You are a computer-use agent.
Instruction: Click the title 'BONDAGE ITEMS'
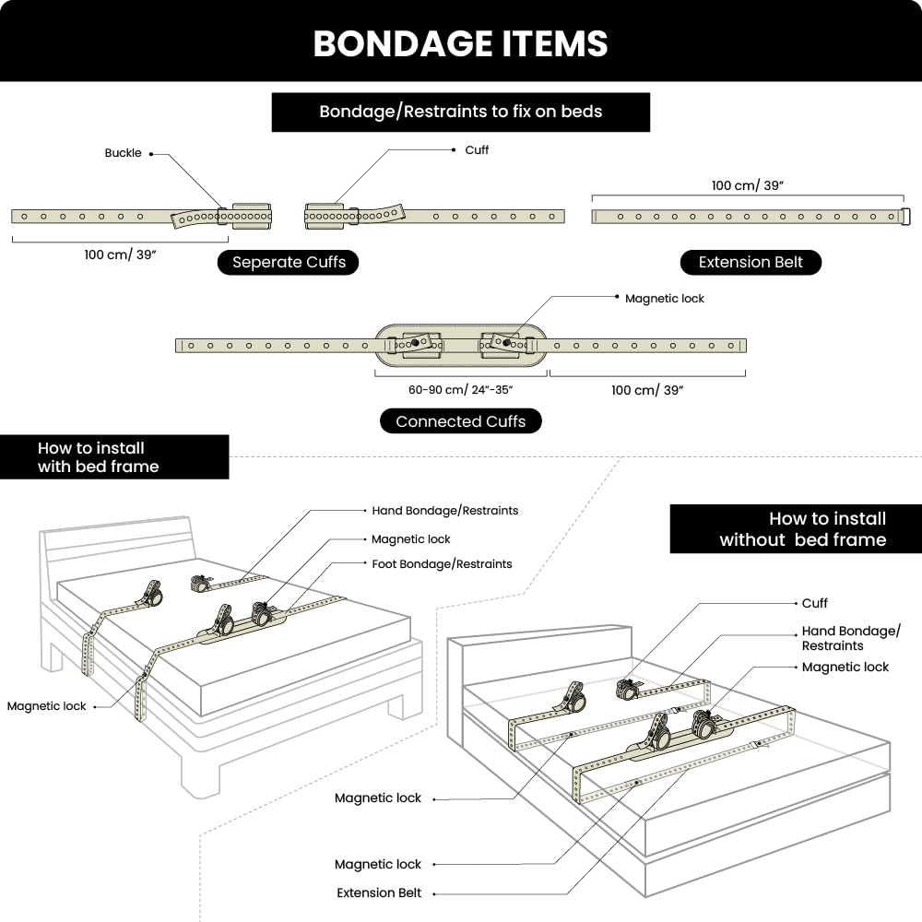(x=460, y=43)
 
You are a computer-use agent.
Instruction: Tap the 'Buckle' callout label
(x=123, y=153)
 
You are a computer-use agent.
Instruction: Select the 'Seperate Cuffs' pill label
(x=288, y=262)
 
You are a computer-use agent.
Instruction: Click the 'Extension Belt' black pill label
(x=751, y=262)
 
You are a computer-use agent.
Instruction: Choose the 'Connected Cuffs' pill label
(x=460, y=421)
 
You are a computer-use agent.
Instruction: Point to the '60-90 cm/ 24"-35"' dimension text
(x=460, y=389)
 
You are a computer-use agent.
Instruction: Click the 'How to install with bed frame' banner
(x=114, y=457)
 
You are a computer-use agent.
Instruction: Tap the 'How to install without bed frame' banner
(x=796, y=528)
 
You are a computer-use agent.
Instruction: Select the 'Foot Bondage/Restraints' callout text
(x=442, y=564)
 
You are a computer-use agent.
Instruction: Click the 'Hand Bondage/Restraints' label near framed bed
(x=444, y=511)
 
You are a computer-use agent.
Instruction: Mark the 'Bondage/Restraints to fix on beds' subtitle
(x=460, y=112)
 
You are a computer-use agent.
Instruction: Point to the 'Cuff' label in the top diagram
(x=477, y=150)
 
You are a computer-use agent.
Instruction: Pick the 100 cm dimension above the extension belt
(x=748, y=186)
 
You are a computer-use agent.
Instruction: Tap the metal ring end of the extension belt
(x=906, y=217)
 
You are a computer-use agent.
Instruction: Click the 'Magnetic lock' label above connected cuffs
(x=665, y=299)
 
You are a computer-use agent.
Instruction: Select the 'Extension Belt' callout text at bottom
(x=379, y=892)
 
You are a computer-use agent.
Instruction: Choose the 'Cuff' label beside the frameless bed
(x=814, y=603)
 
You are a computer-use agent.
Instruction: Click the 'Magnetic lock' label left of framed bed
(x=46, y=706)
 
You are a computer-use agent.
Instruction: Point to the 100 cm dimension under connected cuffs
(x=647, y=390)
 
